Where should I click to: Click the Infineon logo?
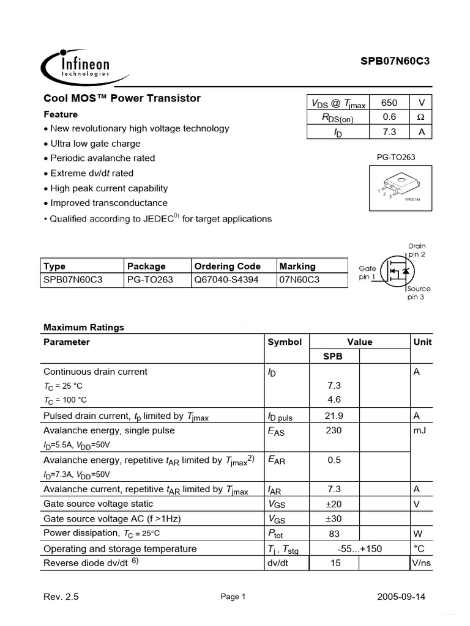(x=76, y=66)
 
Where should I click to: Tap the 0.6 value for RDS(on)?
(x=389, y=117)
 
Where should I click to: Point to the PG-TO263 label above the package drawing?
(x=396, y=158)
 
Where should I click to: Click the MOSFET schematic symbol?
(x=395, y=270)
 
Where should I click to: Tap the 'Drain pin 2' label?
(x=416, y=250)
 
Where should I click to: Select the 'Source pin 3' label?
(x=419, y=293)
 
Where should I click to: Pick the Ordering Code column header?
(x=227, y=267)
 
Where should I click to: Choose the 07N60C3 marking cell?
(x=299, y=280)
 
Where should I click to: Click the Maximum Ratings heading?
(x=83, y=328)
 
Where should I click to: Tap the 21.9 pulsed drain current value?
(x=334, y=416)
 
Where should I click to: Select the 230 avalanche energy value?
(x=334, y=430)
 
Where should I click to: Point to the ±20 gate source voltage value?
(x=334, y=504)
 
